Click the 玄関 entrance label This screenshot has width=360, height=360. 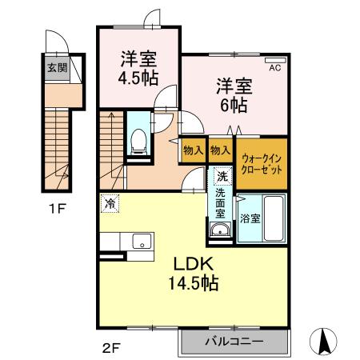tap(57, 68)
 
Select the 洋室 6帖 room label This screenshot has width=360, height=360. tap(234, 94)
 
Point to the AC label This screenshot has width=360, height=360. tap(274, 69)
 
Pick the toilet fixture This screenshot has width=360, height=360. tap(138, 142)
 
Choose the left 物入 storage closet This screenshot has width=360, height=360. tap(193, 150)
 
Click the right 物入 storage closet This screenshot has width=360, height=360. tap(220, 150)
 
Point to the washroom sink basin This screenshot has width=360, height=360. tap(220, 231)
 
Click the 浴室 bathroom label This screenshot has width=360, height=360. tap(249, 218)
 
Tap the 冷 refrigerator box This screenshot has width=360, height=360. tap(109, 203)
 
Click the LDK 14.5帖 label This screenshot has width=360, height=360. tap(193, 273)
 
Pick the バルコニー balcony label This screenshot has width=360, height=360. tap(233, 342)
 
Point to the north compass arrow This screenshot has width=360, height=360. tap(326, 342)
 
